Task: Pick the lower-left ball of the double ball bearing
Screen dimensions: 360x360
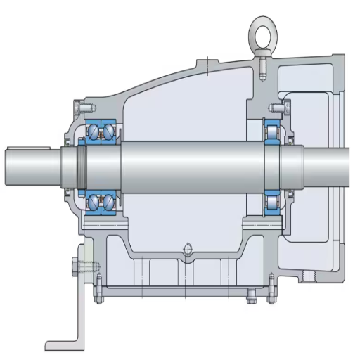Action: tap(94, 202)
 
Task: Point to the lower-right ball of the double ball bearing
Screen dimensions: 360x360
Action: tap(110, 202)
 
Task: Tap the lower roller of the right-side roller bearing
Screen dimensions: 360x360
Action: tap(271, 203)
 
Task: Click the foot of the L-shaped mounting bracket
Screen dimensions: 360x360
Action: tap(63, 345)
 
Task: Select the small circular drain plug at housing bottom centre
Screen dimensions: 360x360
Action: tap(186, 247)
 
